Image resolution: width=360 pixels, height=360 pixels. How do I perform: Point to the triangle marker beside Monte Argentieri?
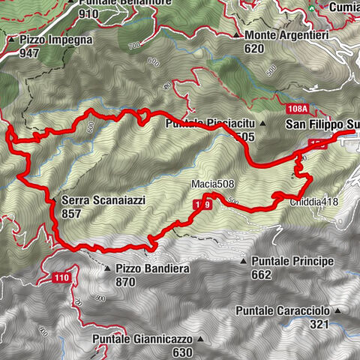pyautogui.click(x=237, y=35)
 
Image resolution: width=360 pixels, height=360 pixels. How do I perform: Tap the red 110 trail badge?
pyautogui.click(x=61, y=278)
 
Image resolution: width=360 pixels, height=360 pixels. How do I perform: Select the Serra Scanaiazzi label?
pyautogui.click(x=94, y=200)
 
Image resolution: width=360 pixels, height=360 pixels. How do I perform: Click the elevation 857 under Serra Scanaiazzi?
pyautogui.click(x=73, y=213)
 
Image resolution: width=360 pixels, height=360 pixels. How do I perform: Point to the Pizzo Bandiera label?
pyautogui.click(x=151, y=268)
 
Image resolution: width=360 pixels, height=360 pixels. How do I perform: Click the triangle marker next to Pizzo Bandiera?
pyautogui.click(x=108, y=268)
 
